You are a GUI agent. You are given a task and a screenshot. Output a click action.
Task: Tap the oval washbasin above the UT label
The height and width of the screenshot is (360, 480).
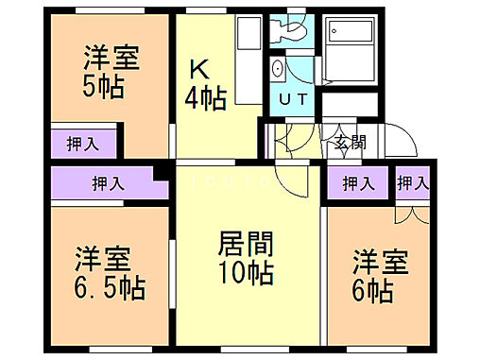pos(277,70)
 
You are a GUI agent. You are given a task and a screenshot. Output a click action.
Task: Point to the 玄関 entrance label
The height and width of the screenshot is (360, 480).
pos(350,144)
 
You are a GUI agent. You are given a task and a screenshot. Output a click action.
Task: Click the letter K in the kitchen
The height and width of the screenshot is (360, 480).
pos(199,69)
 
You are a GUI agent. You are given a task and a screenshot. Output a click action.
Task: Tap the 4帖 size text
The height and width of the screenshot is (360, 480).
pos(205,98)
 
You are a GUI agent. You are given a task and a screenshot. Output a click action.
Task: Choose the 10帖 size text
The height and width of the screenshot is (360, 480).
pos(247,274)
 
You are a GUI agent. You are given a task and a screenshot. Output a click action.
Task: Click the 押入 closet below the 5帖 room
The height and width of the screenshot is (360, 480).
pos(83,145)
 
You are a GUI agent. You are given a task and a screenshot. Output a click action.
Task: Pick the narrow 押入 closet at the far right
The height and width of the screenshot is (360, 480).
pos(414,182)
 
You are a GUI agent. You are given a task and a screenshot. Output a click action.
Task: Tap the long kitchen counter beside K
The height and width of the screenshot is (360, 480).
pos(247,61)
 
